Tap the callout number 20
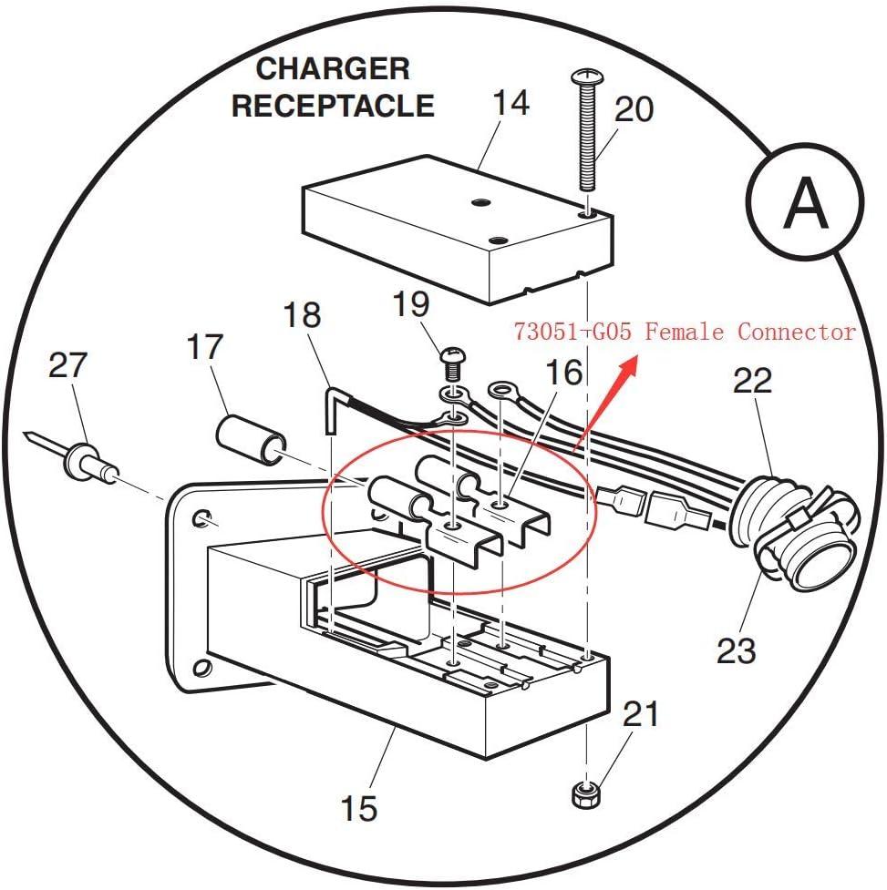(634, 109)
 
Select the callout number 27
(67, 365)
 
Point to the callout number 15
(358, 808)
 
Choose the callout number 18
(302, 315)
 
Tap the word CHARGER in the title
(333, 68)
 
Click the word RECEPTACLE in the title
(333, 106)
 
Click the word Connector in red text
(797, 332)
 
